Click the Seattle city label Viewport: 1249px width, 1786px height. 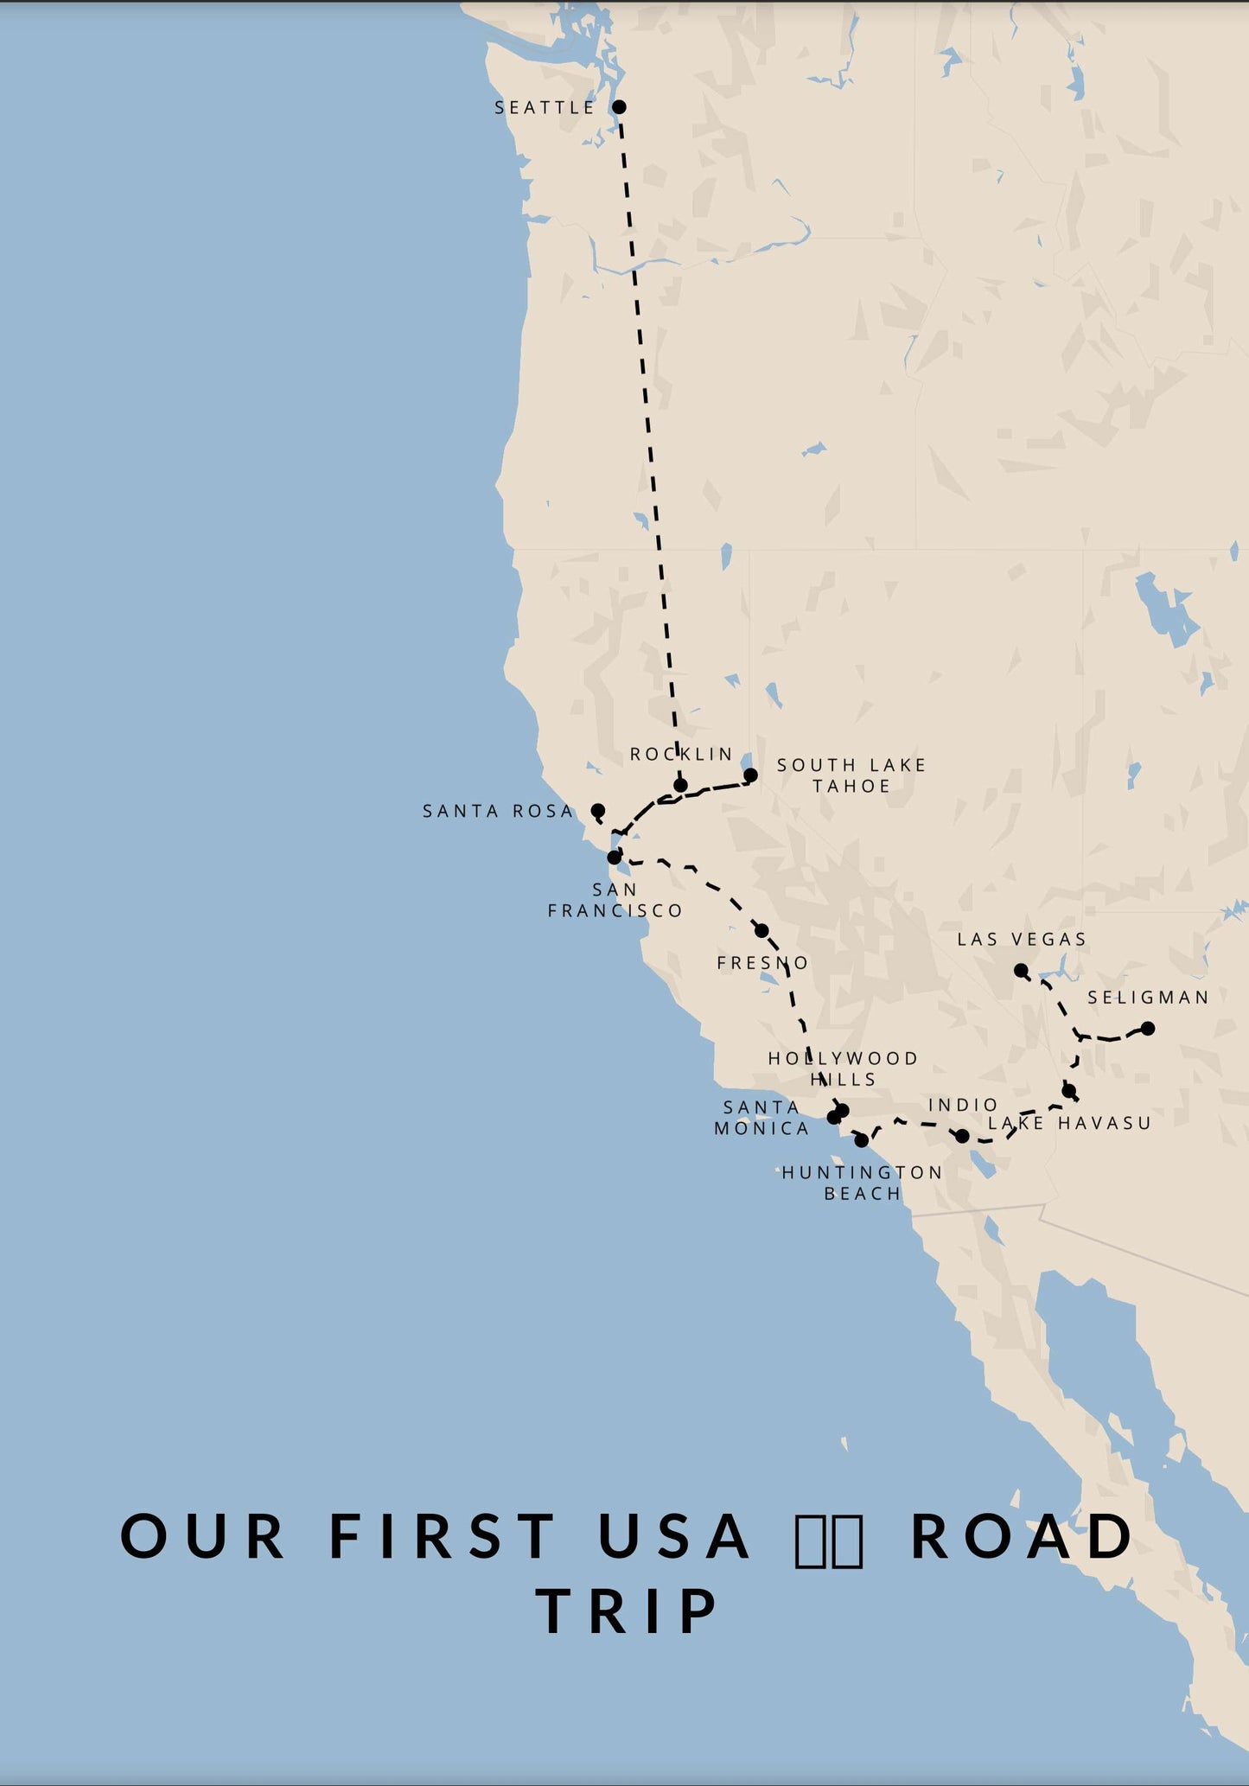[x=545, y=108]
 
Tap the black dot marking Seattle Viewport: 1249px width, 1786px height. [x=619, y=107]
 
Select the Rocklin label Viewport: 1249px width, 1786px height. [x=681, y=755]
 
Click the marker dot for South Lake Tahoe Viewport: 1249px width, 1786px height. [x=750, y=775]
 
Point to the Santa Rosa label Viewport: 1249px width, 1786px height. [x=498, y=812]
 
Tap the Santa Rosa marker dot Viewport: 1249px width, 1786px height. [x=597, y=811]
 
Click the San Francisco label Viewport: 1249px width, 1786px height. [x=615, y=900]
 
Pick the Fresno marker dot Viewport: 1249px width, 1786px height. [x=762, y=931]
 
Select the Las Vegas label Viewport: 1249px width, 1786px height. [x=1022, y=940]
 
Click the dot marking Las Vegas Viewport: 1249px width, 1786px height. [x=1021, y=971]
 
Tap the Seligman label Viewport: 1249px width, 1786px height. [x=1148, y=998]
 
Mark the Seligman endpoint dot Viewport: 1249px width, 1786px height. [x=1148, y=1029]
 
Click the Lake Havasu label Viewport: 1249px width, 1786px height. [x=1070, y=1124]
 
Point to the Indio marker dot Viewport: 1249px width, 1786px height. [x=962, y=1136]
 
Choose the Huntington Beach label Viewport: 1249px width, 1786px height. [x=863, y=1183]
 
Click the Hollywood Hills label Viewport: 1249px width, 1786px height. [x=843, y=1069]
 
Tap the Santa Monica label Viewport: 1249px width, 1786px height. [x=762, y=1118]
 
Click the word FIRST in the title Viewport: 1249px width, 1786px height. [x=442, y=1537]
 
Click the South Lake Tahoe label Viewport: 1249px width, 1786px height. [x=851, y=775]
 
